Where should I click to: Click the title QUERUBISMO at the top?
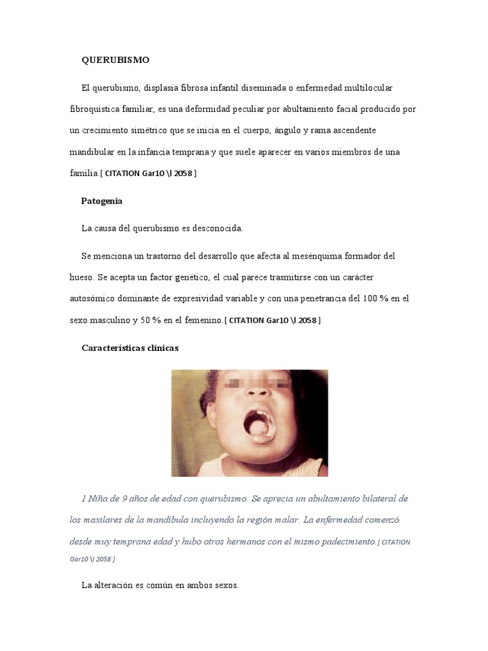tap(115, 60)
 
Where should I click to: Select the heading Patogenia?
tap(102, 201)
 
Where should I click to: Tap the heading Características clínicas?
tap(130, 348)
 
